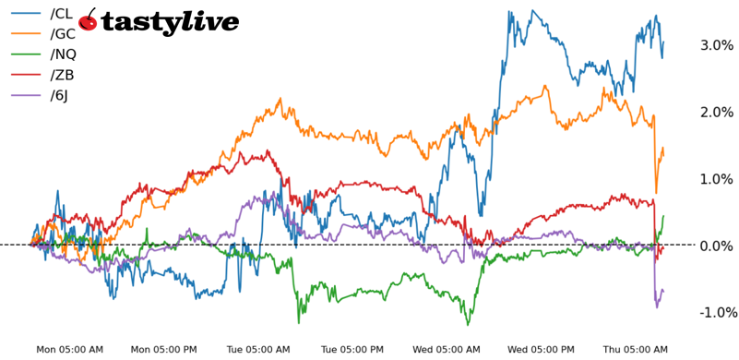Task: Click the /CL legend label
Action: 60,13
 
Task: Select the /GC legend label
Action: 62,34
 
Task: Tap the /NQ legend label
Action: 63,54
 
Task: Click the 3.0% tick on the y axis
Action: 718,45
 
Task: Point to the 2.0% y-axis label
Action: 718,112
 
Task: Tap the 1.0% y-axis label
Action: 718,179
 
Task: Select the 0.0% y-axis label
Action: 718,246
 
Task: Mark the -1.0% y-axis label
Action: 716,313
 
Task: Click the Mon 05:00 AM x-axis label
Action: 69,350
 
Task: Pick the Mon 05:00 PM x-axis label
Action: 163,350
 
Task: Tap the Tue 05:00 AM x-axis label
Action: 258,350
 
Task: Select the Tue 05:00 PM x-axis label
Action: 352,350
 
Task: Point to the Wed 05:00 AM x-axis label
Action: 447,350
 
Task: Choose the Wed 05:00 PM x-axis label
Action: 542,350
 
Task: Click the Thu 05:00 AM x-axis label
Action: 636,350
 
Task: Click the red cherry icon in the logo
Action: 89,21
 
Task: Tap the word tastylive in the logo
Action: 170,23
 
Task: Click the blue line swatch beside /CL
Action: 26,13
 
